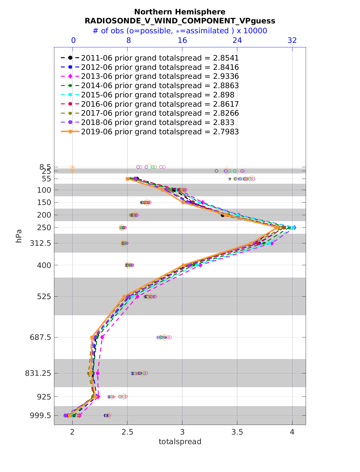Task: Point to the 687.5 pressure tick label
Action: (x=42, y=337)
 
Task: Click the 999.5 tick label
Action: (x=42, y=416)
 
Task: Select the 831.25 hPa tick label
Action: (x=40, y=373)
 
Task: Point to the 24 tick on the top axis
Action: (x=237, y=40)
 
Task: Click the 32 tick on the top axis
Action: (x=292, y=40)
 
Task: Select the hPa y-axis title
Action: (x=19, y=236)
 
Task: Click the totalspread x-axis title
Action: (x=180, y=442)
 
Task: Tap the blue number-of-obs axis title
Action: (x=180, y=31)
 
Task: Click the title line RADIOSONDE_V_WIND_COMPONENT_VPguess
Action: (x=180, y=21)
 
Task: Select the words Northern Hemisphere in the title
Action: (x=180, y=12)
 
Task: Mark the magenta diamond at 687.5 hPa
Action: (x=102, y=337)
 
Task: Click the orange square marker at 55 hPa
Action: (x=127, y=179)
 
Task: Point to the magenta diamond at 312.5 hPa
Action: (x=272, y=243)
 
